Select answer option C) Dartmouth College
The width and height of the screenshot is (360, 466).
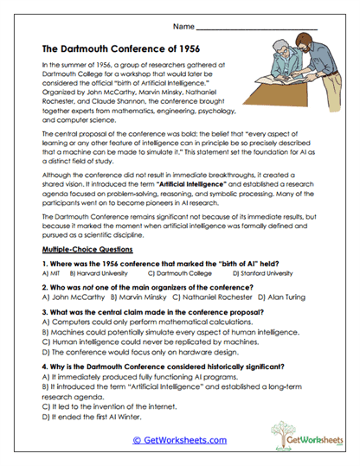(181, 272)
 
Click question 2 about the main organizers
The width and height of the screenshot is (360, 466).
(147, 284)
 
